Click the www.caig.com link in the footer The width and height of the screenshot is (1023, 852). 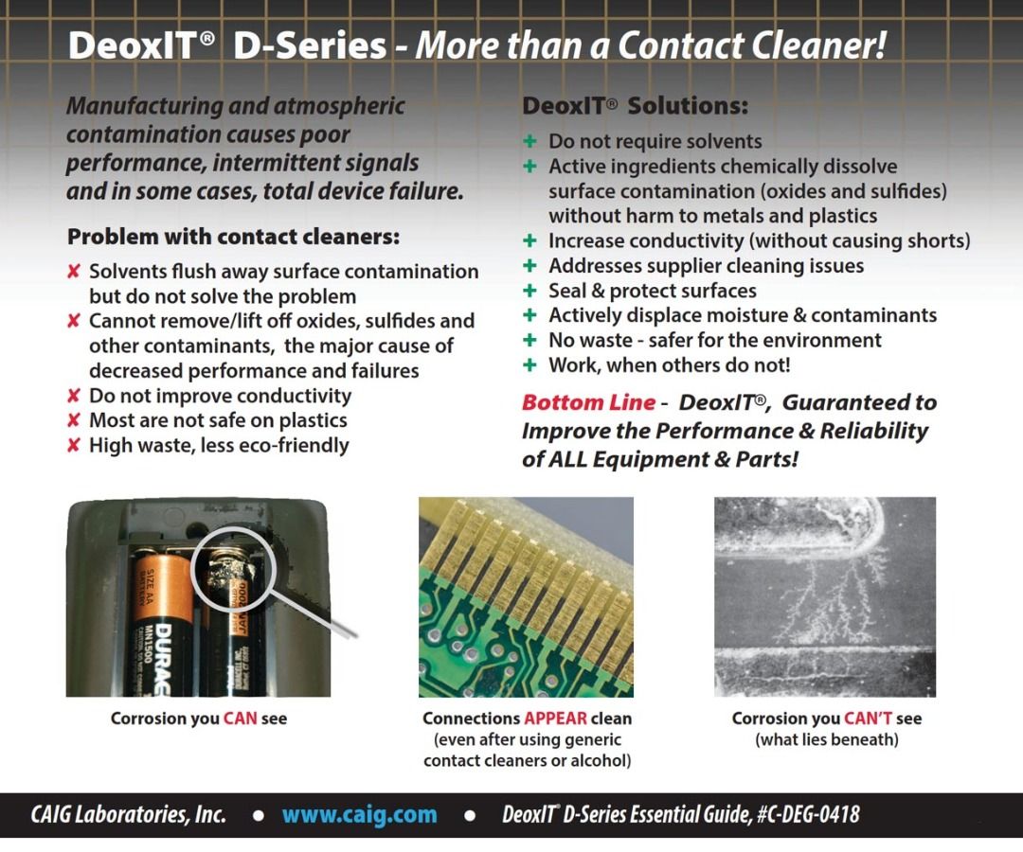coord(359,814)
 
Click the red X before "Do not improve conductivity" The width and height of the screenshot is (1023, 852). coord(73,396)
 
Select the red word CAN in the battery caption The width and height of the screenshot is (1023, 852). coord(241,719)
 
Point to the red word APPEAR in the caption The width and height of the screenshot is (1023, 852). coord(555,719)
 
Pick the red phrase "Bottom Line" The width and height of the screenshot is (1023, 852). coord(588,402)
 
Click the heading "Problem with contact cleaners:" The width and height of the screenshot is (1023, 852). coord(233,236)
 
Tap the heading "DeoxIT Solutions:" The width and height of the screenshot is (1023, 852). coord(635,106)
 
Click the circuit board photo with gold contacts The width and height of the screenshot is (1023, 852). coord(526,596)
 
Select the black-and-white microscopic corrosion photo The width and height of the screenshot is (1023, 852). coord(824,596)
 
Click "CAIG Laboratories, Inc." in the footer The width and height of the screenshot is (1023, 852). coord(129,814)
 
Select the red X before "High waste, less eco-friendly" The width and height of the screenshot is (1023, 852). coord(73,445)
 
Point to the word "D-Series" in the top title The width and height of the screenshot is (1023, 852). coord(309,44)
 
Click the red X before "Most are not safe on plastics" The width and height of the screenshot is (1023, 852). coord(73,420)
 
